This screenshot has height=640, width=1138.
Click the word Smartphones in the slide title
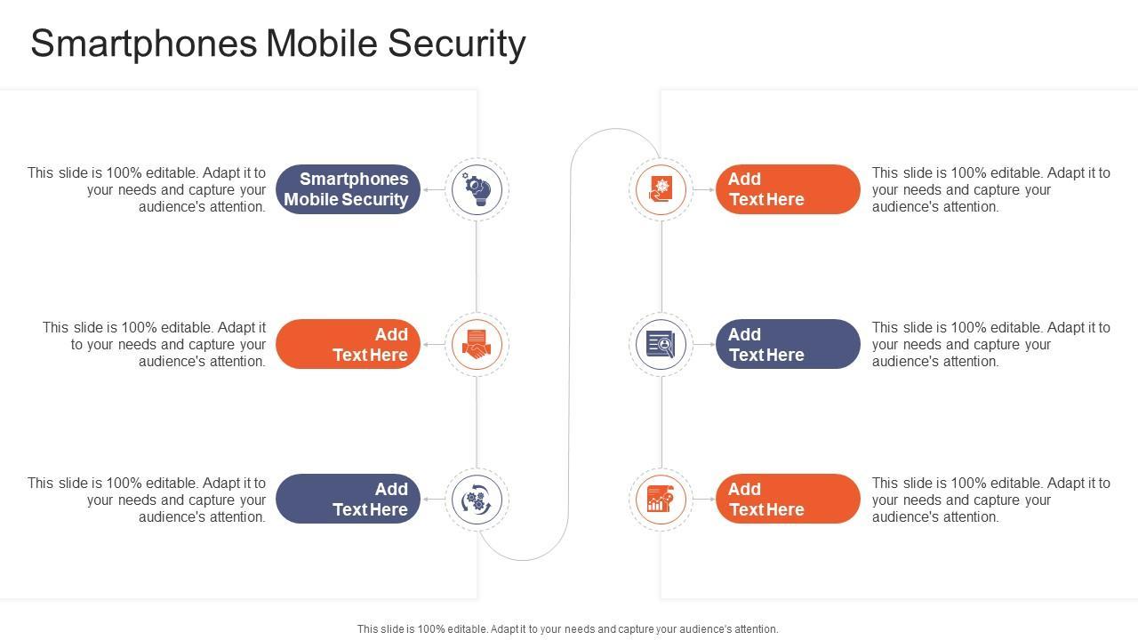point(143,44)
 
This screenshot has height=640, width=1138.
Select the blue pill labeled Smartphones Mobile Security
point(348,189)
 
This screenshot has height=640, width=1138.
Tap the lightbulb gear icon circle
point(477,189)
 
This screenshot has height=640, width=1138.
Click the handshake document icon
point(477,344)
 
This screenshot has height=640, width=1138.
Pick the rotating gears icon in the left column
point(477,500)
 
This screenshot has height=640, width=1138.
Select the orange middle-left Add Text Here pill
point(348,344)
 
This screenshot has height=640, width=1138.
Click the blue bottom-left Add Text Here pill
point(348,500)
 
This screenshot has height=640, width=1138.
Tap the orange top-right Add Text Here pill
point(788,189)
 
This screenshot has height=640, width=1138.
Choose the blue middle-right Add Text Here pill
point(788,344)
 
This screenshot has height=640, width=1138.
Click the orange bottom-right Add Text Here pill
point(788,500)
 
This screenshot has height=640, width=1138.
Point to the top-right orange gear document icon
point(661,189)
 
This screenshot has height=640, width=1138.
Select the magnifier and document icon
point(661,344)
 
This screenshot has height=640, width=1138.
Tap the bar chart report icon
point(661,500)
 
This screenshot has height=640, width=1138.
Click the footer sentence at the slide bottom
point(567,629)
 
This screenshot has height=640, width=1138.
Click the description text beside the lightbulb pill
point(148,189)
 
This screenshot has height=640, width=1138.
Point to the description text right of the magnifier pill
point(990,344)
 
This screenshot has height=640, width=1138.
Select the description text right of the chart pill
point(990,500)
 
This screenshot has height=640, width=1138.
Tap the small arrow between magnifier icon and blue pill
point(704,344)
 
